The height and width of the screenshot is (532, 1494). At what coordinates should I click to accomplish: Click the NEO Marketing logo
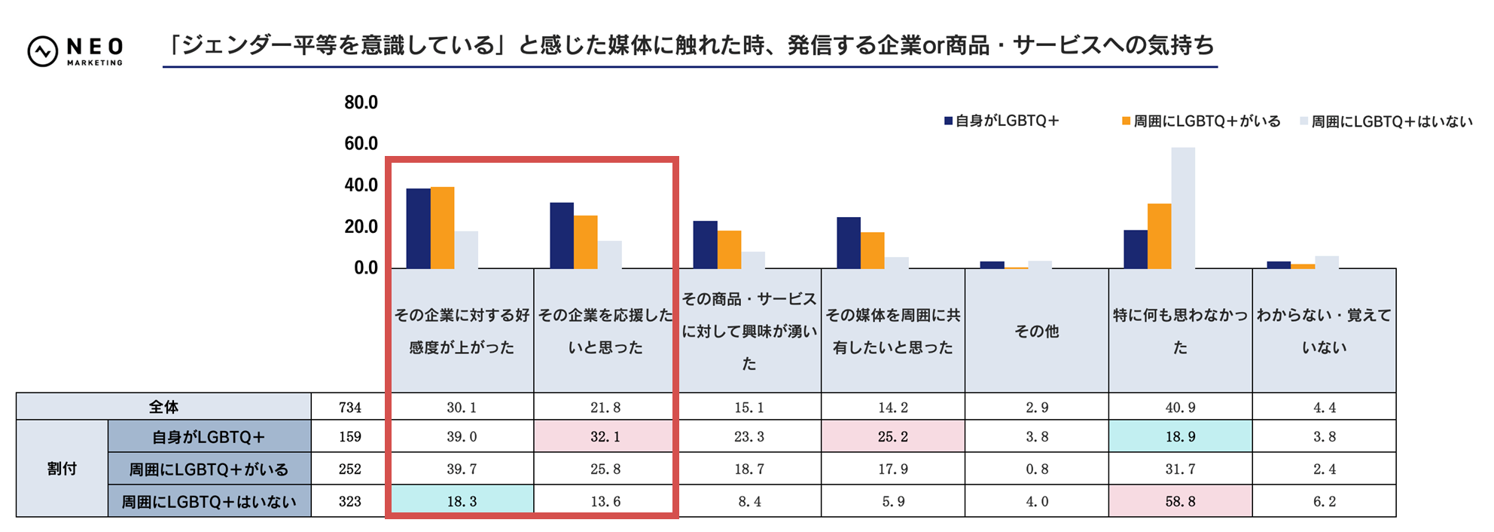point(75,51)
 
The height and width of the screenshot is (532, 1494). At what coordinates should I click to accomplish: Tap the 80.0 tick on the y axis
point(361,102)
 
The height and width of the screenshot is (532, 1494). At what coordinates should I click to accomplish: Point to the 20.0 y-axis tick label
point(361,226)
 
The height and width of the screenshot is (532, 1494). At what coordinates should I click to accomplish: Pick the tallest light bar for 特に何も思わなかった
point(1182,208)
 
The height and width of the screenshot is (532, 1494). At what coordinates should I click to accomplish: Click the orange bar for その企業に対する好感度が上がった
point(442,228)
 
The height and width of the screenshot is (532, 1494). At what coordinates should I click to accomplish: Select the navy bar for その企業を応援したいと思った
point(562,235)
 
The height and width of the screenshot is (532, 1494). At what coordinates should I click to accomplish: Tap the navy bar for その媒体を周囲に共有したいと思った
point(849,243)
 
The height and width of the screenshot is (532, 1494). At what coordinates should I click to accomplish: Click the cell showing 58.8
point(1180,501)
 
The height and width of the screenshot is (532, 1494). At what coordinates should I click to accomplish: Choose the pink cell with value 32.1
point(605,437)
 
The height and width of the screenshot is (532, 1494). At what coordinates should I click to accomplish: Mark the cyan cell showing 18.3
point(462,501)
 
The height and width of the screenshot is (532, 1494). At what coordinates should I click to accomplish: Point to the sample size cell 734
point(350,407)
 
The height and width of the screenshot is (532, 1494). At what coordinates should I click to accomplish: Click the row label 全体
point(163,407)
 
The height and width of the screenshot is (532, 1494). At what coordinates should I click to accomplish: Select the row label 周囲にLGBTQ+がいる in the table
point(209,469)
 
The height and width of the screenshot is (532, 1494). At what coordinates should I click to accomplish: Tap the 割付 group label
point(62,469)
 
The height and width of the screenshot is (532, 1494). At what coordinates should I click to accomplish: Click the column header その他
point(1036,331)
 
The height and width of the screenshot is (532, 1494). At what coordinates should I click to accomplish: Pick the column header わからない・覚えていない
point(1324,331)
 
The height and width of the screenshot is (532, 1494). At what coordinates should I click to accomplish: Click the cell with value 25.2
point(893,437)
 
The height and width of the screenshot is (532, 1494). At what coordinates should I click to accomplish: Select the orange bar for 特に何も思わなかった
point(1159,236)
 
